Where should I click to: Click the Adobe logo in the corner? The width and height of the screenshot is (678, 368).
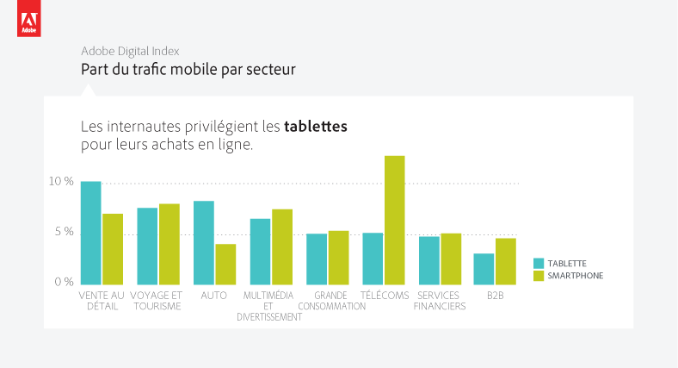(x=29, y=18)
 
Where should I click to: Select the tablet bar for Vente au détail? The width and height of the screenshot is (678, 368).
(x=91, y=233)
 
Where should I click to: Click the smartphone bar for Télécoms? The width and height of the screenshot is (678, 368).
(x=395, y=221)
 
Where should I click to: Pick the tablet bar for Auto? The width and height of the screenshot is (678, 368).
(x=204, y=243)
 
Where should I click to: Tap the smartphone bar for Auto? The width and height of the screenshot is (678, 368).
(x=225, y=265)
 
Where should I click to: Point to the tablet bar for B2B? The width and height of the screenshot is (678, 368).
(x=484, y=269)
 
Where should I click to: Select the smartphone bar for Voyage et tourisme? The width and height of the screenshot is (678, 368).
(x=169, y=244)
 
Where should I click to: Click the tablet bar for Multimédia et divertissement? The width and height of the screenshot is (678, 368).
(x=261, y=252)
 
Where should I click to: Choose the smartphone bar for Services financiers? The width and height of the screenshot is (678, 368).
(x=451, y=259)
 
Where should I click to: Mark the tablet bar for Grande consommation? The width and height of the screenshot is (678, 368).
(x=317, y=259)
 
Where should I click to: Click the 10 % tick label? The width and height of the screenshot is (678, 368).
(x=61, y=181)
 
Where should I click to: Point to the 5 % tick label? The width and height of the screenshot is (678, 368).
(x=64, y=232)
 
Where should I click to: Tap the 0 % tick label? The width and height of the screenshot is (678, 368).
(x=64, y=283)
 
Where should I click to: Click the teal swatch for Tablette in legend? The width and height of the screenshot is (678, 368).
(x=539, y=263)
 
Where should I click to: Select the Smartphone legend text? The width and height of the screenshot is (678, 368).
(x=575, y=276)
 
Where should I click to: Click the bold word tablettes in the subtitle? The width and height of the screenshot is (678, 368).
(x=316, y=127)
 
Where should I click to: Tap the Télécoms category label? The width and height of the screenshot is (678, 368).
(x=385, y=296)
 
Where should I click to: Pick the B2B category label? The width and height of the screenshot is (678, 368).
(x=495, y=296)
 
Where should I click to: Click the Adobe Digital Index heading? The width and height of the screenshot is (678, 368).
(x=130, y=51)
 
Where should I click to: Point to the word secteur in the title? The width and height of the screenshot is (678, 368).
(x=271, y=70)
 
